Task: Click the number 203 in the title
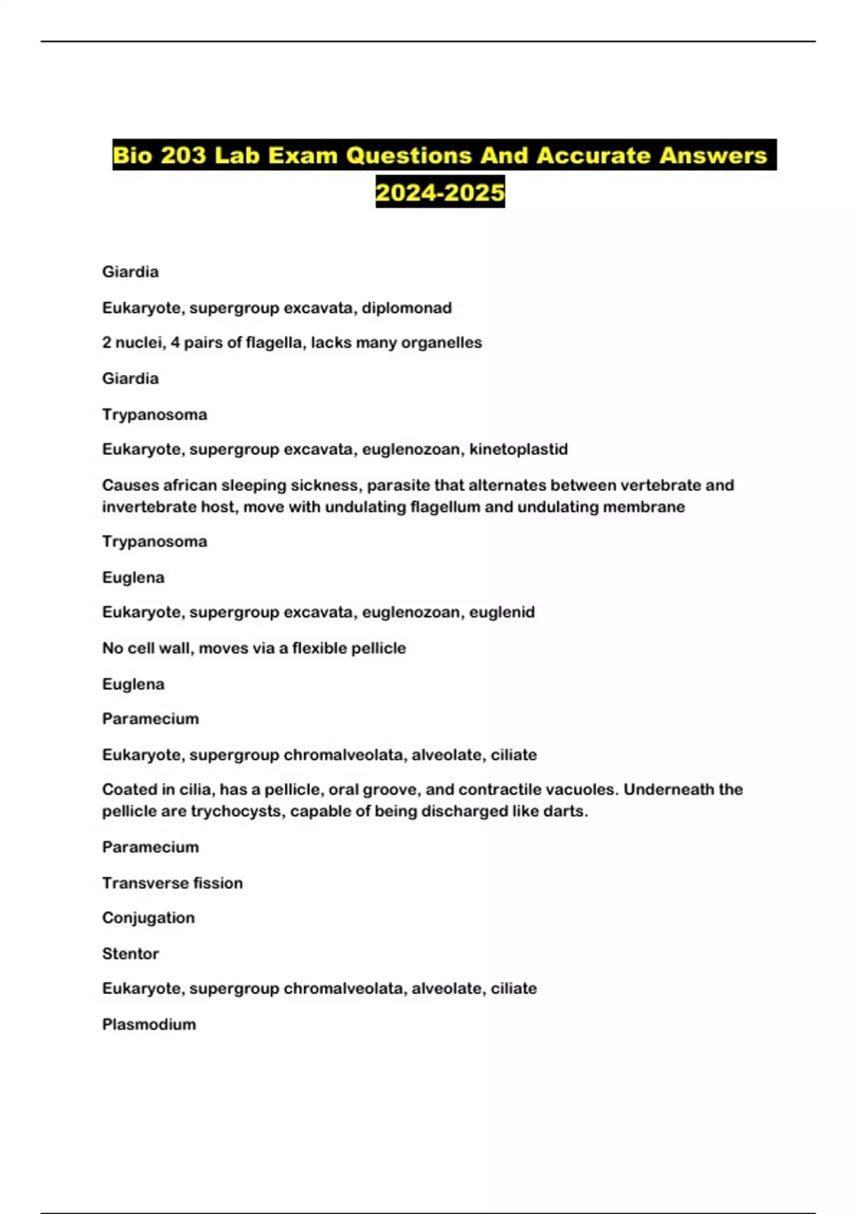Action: pos(183,156)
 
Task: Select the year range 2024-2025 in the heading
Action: pos(440,192)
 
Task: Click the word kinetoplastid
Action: pos(518,449)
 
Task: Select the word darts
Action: pos(568,811)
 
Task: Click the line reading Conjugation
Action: pos(149,918)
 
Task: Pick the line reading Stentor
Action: pos(131,953)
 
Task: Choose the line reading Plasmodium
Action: pos(149,1024)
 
